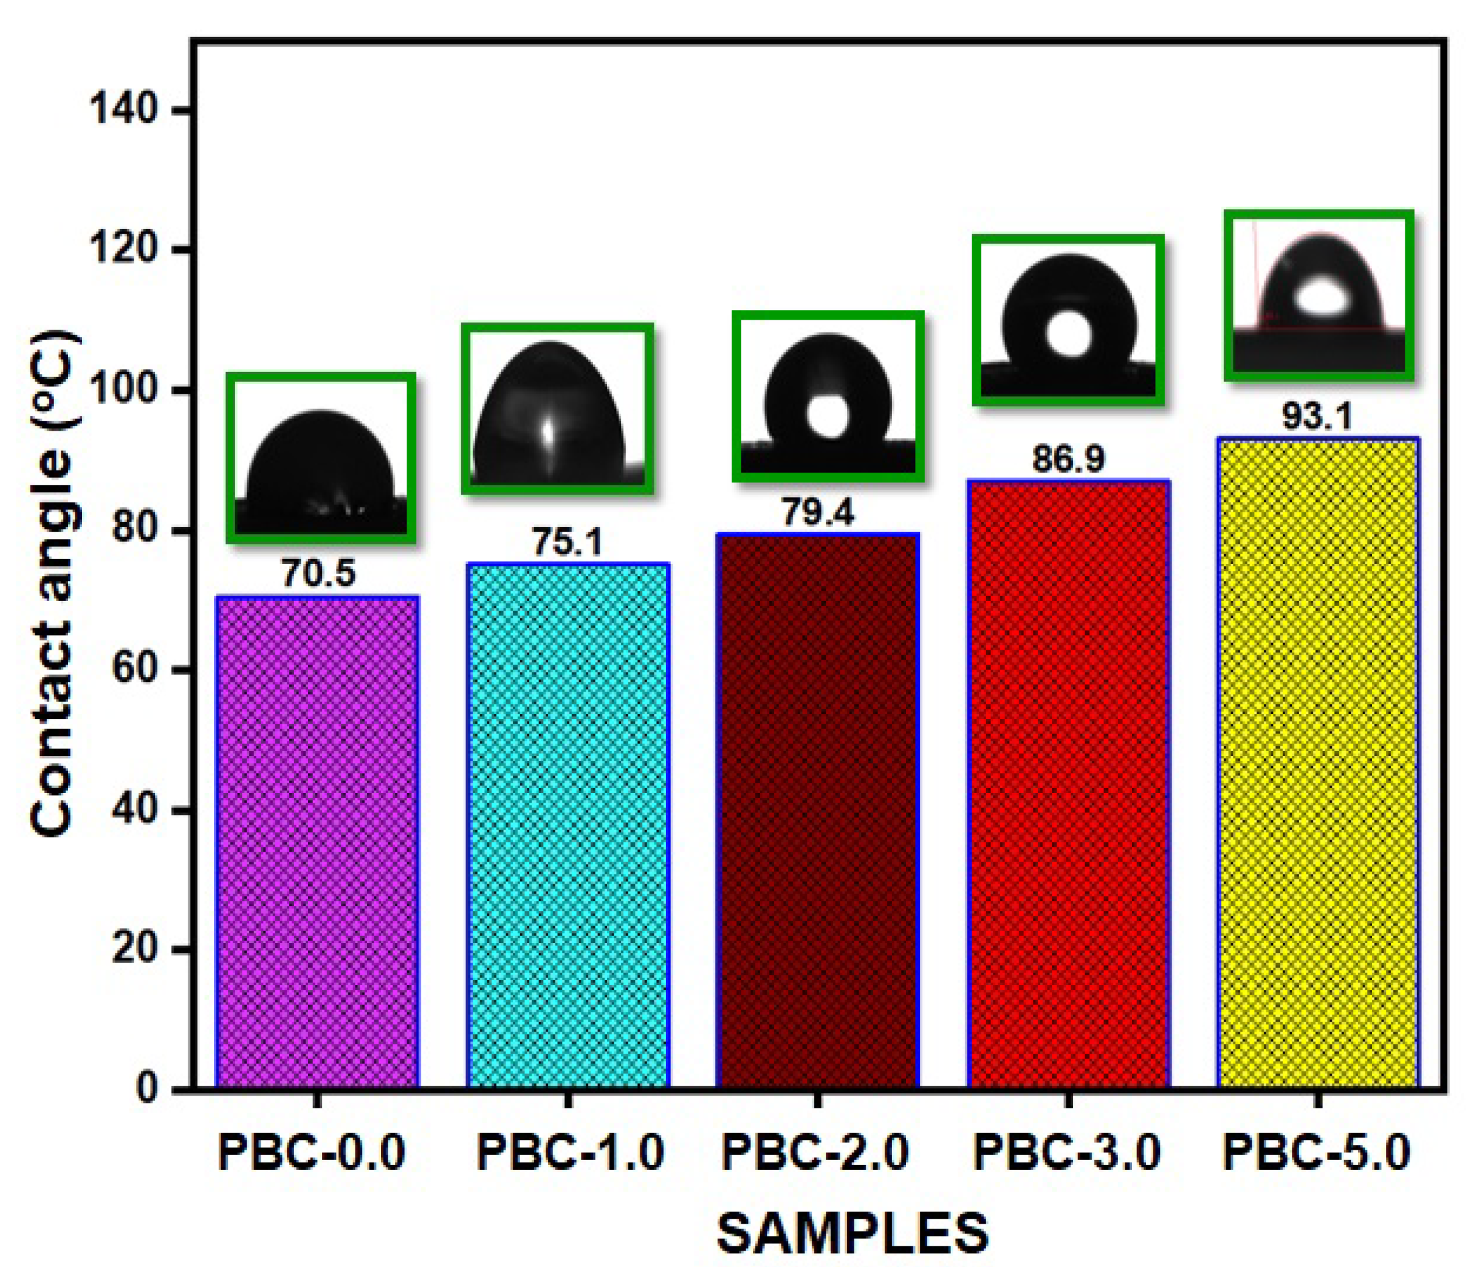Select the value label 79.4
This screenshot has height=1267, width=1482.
click(x=817, y=512)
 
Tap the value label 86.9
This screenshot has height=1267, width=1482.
click(x=1068, y=459)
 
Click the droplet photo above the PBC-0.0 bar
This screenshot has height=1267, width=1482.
click(x=321, y=458)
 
